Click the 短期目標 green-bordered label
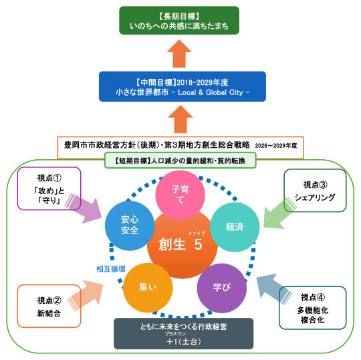point(181,161)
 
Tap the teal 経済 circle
point(234,227)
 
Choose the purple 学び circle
point(221,287)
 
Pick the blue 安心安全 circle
point(130,226)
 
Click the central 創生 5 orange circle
point(181,245)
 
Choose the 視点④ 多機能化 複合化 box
point(314,308)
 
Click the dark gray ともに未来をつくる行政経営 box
point(184,333)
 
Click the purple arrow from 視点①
point(90,208)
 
